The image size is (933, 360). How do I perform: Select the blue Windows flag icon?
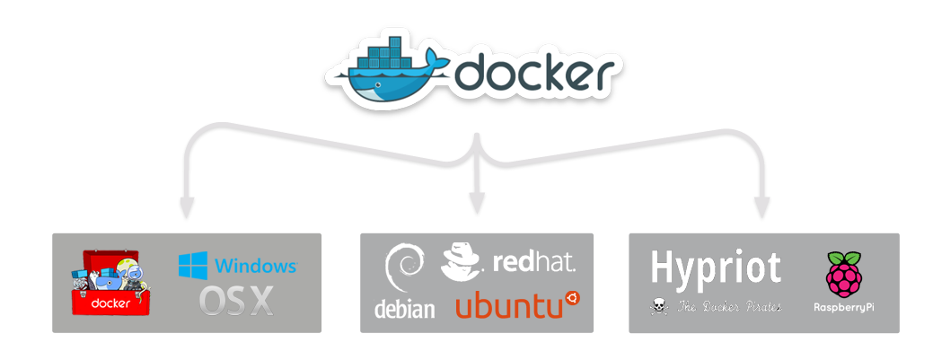point(194,265)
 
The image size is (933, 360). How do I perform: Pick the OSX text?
point(236,301)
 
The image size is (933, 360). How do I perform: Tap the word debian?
point(404,309)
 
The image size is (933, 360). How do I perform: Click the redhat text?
point(534,263)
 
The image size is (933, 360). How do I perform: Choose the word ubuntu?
point(509,305)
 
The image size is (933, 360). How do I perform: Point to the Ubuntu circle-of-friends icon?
point(572,298)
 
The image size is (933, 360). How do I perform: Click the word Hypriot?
point(716,268)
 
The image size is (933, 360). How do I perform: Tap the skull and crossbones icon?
point(660,307)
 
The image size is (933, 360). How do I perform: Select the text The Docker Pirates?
point(729,307)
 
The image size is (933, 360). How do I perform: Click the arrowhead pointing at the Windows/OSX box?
point(187,208)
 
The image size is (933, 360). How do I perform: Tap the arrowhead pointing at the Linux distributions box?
point(477,205)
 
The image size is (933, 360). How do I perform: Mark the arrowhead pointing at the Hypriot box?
point(761,208)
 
